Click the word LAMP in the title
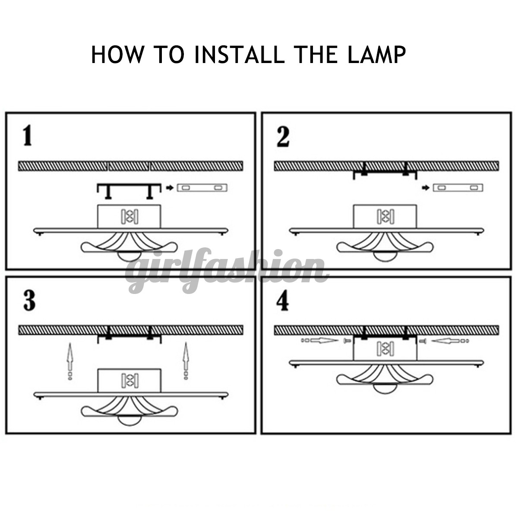click(376, 55)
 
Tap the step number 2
click(283, 137)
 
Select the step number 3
click(29, 300)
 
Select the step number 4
click(282, 301)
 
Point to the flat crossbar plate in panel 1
click(202, 188)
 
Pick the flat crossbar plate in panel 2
click(458, 188)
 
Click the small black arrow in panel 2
click(426, 188)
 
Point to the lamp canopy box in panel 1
click(129, 216)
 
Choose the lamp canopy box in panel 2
click(385, 216)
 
